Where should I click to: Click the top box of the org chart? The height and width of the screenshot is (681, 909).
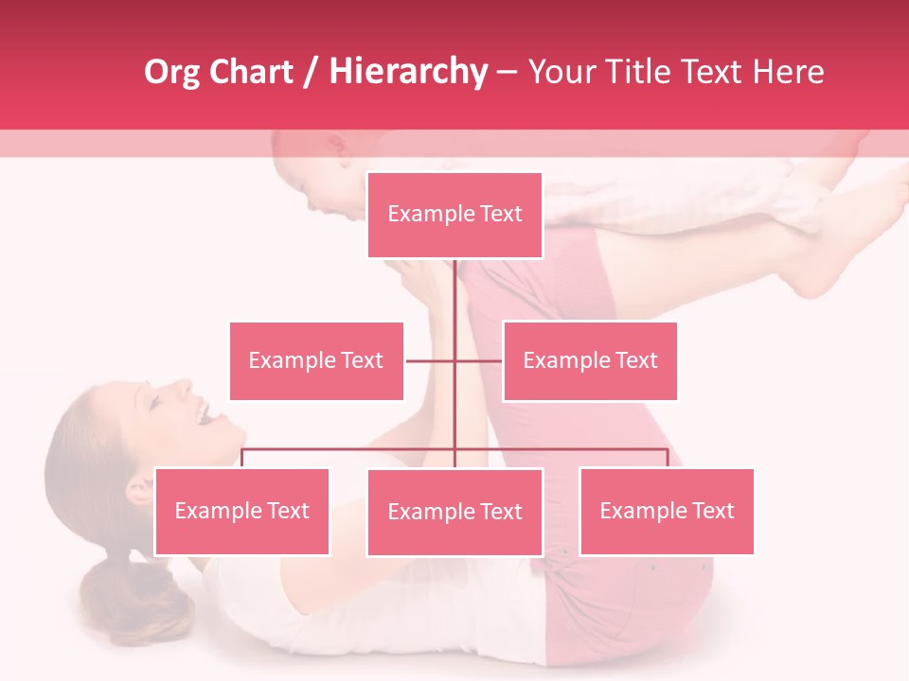pos(454,215)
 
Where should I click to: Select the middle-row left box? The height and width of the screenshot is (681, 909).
pos(316,360)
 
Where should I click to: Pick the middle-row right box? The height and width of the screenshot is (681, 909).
pos(590,360)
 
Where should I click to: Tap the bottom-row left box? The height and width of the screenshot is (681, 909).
pos(241,511)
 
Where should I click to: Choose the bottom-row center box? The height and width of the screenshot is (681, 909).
pos(454,512)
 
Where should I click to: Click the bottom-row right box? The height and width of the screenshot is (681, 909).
pos(667,511)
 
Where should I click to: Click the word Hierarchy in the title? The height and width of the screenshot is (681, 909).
pos(408,72)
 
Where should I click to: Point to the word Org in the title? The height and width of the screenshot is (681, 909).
pos(172,72)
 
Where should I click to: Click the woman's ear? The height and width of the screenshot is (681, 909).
pos(140,489)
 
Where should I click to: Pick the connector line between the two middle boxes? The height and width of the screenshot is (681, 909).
pos(454,360)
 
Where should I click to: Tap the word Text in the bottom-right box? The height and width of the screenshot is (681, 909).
pos(713,511)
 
